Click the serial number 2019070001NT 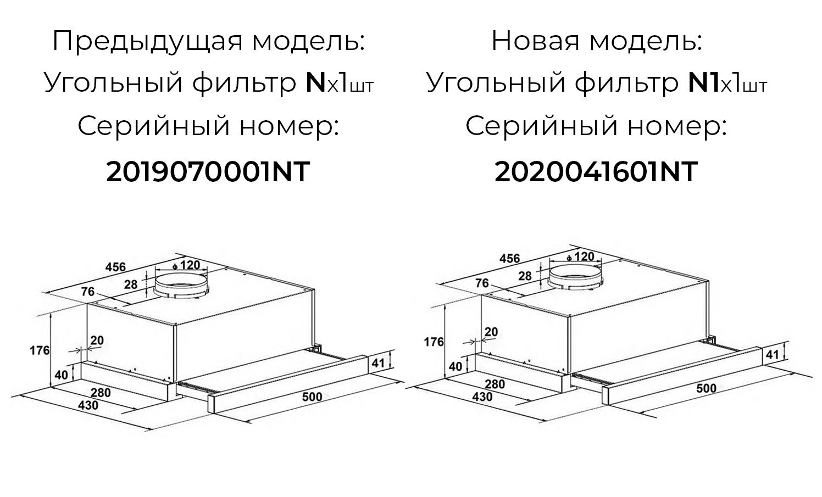tap(208, 172)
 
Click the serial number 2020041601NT tap(596, 172)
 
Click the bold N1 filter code tap(703, 84)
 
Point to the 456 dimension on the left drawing tap(115, 267)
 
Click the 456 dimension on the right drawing tap(509, 259)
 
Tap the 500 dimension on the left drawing tap(312, 396)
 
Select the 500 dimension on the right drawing tap(706, 388)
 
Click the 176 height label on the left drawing tap(39, 350)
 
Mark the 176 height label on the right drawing tap(434, 342)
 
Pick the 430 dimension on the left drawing tap(87, 405)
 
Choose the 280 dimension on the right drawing tap(495, 384)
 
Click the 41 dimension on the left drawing tap(378, 362)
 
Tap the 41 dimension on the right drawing tap(772, 354)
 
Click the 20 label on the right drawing tap(491, 332)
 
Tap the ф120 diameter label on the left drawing tap(187, 265)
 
